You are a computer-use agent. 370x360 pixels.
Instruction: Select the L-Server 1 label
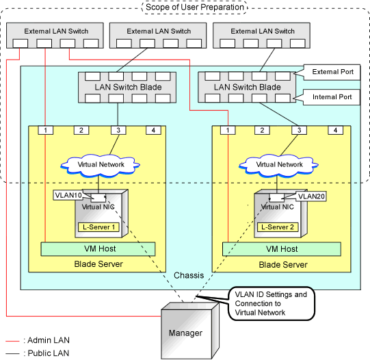coord(98,227)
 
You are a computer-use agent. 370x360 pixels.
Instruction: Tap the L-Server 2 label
coord(278,227)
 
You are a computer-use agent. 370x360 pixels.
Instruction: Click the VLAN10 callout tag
coord(68,195)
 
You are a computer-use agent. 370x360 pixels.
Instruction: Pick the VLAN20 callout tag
coord(311,196)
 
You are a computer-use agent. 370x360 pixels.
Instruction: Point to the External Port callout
coord(332,72)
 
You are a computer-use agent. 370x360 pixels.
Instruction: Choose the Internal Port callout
coord(331,97)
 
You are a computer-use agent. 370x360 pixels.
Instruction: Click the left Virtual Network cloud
coord(101,165)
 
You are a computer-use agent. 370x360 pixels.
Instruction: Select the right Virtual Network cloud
coord(278,165)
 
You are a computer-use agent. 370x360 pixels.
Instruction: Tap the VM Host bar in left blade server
coord(98,249)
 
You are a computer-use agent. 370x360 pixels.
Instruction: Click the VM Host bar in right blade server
coord(282,249)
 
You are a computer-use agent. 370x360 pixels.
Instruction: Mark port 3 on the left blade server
coord(118,130)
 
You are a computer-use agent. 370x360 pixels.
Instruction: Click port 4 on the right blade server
coord(335,130)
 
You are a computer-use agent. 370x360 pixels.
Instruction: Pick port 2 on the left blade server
coord(81,130)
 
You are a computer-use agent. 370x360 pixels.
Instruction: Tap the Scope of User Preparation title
coord(195,7)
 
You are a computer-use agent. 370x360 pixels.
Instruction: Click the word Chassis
coord(189,275)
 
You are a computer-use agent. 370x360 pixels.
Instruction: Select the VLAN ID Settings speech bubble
coord(272,304)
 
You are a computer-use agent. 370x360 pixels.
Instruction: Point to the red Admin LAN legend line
coord(12,341)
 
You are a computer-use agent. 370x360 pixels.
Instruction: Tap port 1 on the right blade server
coord(228,130)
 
